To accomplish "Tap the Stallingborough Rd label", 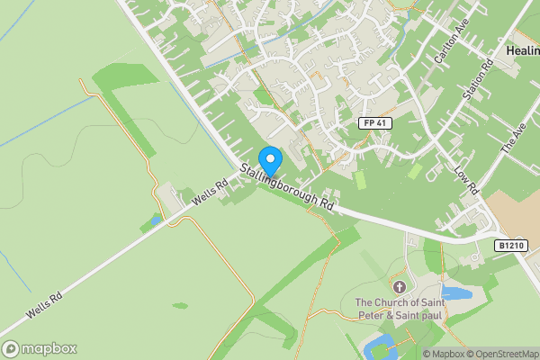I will [287, 186].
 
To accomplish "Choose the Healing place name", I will [523, 52].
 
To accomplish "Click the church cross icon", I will [398, 286].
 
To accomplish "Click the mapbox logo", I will [40, 348].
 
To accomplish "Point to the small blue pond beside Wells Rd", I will [154, 220].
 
